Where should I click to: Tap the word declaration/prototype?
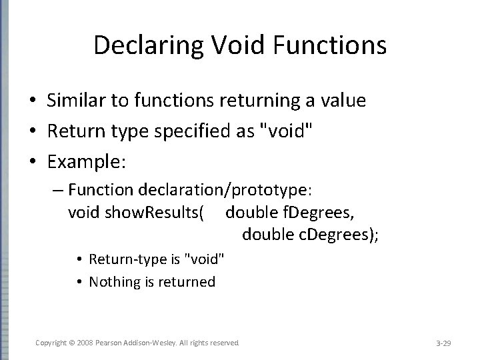(224, 191)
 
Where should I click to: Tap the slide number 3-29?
(443, 343)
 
